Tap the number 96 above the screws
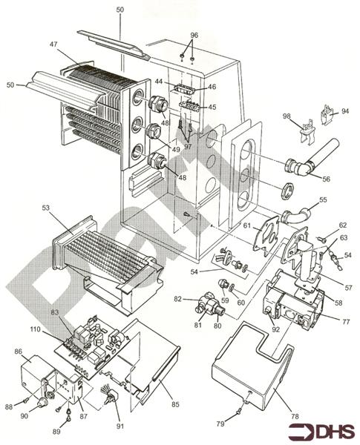point(194,35)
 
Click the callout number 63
point(343,238)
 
